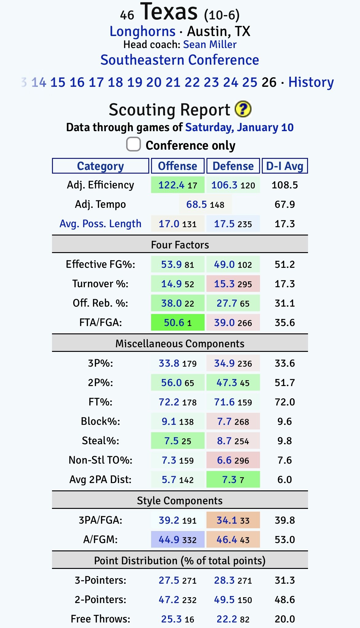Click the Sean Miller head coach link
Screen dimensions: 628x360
[x=210, y=45]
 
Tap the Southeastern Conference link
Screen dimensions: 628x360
[x=180, y=60]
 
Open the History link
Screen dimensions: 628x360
[x=311, y=83]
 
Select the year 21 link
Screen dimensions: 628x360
[x=173, y=83]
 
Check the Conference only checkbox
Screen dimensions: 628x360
[x=134, y=144]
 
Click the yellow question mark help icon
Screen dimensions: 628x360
[x=243, y=109]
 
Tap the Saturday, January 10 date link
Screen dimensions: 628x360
[x=239, y=127]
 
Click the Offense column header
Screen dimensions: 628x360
[x=178, y=166]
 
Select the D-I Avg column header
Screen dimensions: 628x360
[x=285, y=166]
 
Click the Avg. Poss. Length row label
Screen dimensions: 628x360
[x=100, y=224]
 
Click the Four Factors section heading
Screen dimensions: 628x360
[x=180, y=245]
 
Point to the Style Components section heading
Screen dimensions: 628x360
[x=180, y=501]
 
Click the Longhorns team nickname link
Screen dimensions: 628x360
[x=142, y=31]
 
